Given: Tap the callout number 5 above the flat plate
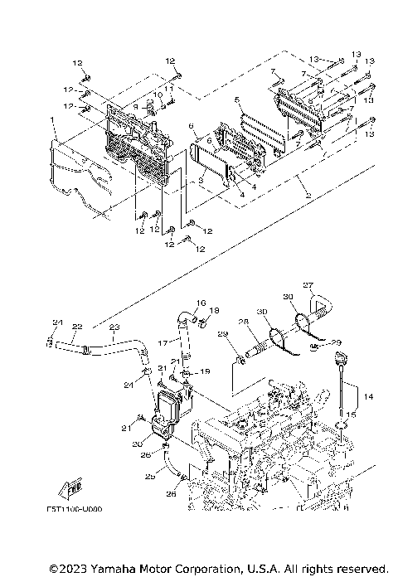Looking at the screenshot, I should click(x=237, y=99).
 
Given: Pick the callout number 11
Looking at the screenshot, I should click(x=167, y=88).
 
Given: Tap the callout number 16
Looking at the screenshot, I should click(x=200, y=303).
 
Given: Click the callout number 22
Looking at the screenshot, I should click(x=76, y=327).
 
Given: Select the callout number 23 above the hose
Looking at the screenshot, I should click(x=114, y=327).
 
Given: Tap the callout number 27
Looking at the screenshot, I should click(x=308, y=286).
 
